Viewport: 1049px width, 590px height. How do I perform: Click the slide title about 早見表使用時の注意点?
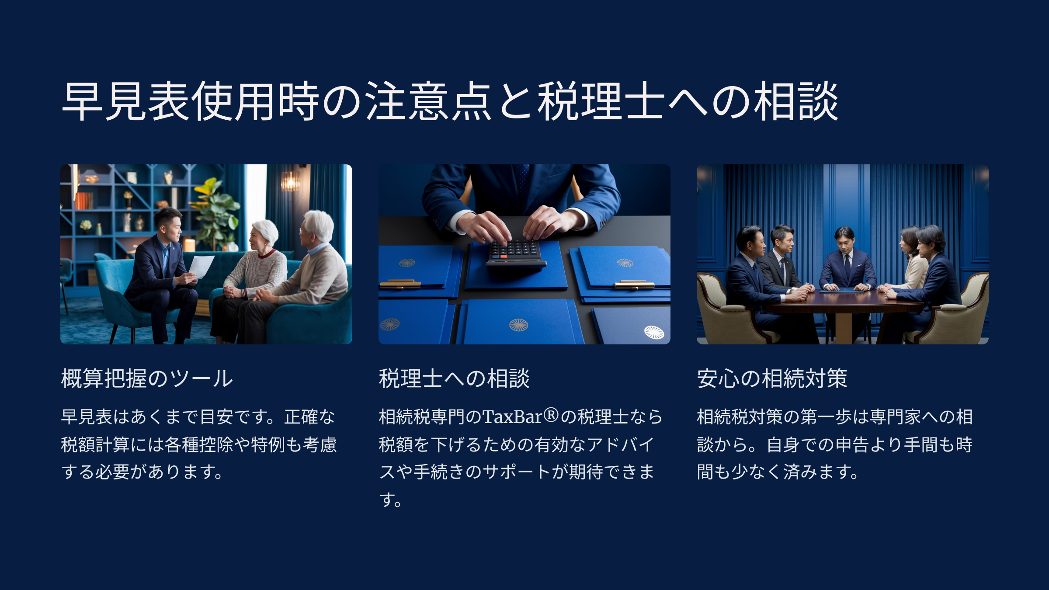pos(450,101)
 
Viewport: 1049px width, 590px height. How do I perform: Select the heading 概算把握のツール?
pos(147,378)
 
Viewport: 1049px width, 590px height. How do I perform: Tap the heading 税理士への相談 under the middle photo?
pos(454,378)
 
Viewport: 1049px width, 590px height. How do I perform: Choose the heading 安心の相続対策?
pos(772,378)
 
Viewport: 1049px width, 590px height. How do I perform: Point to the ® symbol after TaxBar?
pos(551,415)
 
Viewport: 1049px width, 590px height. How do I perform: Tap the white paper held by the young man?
pos(201,267)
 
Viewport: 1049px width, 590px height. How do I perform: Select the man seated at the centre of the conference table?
pos(848,262)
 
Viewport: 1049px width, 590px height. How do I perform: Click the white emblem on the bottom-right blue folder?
pos(654,333)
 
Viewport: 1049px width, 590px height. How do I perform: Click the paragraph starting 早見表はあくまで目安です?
pos(199,444)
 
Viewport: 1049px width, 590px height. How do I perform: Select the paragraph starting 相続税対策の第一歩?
pos(835,444)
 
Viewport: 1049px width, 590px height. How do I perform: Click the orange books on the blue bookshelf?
pos(84,201)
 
